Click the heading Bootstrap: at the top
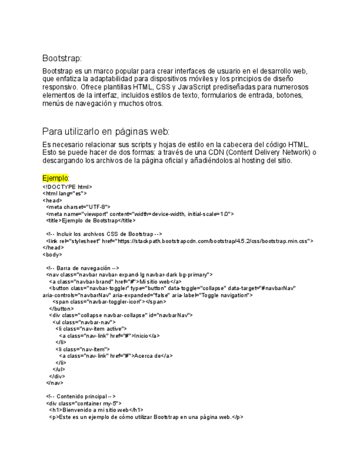(x=62, y=58)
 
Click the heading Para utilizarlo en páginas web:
(x=106, y=131)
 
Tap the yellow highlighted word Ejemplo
(x=54, y=178)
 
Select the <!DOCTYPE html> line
(x=67, y=187)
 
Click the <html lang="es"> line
(x=64, y=193)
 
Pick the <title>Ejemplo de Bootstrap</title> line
(x=91, y=220)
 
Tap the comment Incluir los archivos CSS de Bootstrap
(x=104, y=234)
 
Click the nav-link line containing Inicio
(x=109, y=335)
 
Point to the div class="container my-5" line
(x=84, y=403)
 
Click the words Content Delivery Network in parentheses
(x=261, y=152)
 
